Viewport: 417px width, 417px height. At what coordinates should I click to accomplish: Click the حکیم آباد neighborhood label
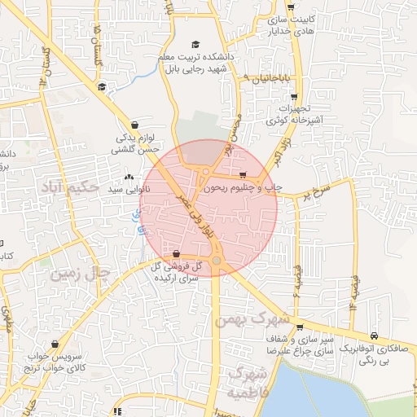pyautogui.click(x=69, y=188)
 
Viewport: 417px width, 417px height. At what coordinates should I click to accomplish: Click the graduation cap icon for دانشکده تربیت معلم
pyautogui.click(x=195, y=44)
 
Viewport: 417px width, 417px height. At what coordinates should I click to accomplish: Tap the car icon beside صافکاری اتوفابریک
pyautogui.click(x=373, y=335)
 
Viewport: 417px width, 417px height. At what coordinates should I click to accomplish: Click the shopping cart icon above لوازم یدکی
pyautogui.click(x=134, y=125)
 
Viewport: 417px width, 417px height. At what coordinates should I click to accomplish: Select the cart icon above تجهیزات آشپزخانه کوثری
pyautogui.click(x=293, y=95)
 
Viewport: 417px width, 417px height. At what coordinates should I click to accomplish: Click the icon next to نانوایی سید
pyautogui.click(x=129, y=177)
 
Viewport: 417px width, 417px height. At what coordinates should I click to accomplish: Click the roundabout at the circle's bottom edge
pyautogui.click(x=217, y=261)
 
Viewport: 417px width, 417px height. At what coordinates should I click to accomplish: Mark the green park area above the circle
pyautogui.click(x=195, y=130)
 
